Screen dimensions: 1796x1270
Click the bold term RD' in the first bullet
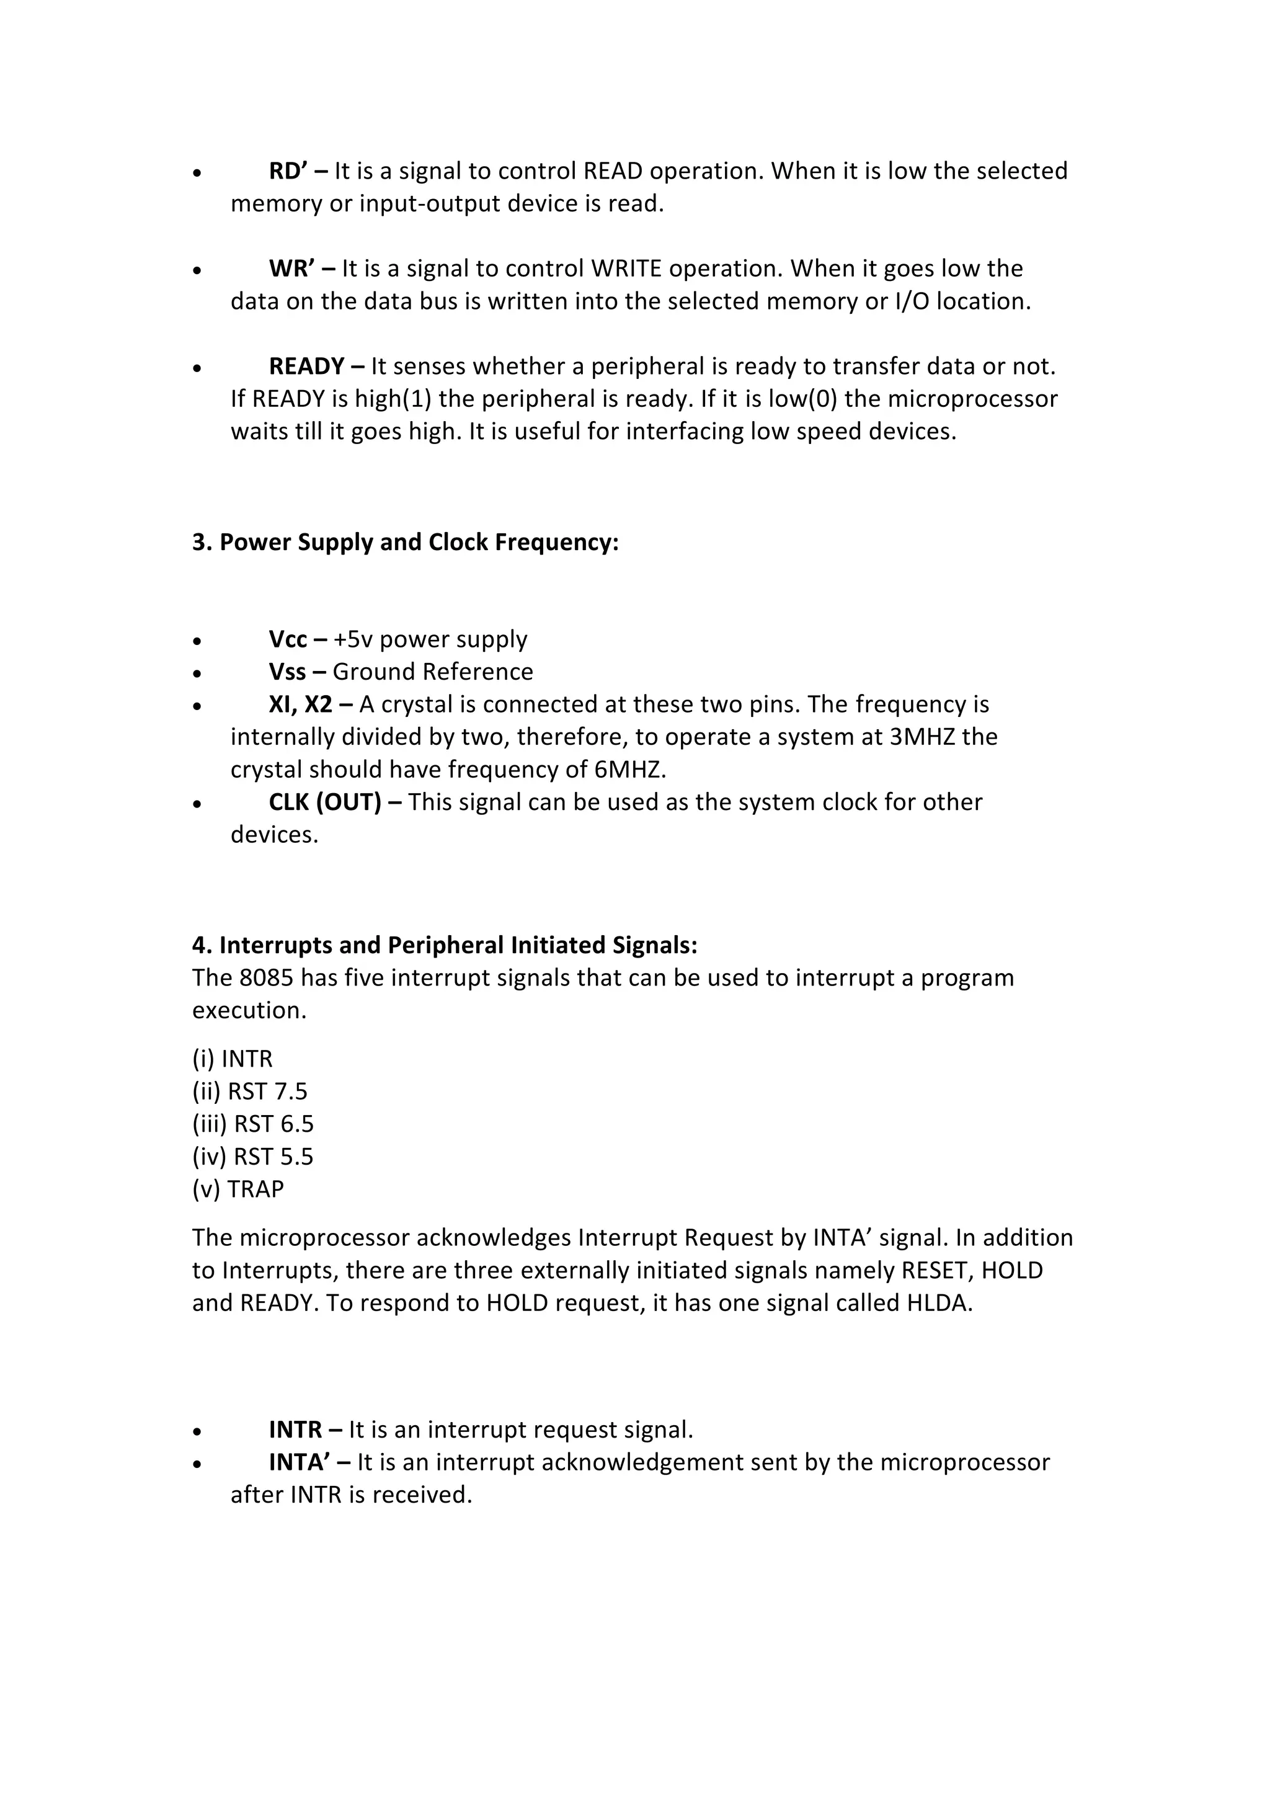point(290,171)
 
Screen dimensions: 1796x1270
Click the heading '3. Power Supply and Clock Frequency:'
point(405,542)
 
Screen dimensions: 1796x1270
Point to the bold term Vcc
point(288,639)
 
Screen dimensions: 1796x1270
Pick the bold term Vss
point(287,672)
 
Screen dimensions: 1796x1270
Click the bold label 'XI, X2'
point(300,705)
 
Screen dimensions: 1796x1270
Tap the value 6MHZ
point(629,770)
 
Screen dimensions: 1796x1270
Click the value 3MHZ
point(922,737)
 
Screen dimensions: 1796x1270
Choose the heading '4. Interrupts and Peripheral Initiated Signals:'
point(444,945)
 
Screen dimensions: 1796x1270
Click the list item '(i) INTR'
point(233,1059)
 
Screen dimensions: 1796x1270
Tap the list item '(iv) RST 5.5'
point(252,1156)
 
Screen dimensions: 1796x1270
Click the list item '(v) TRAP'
point(238,1189)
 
